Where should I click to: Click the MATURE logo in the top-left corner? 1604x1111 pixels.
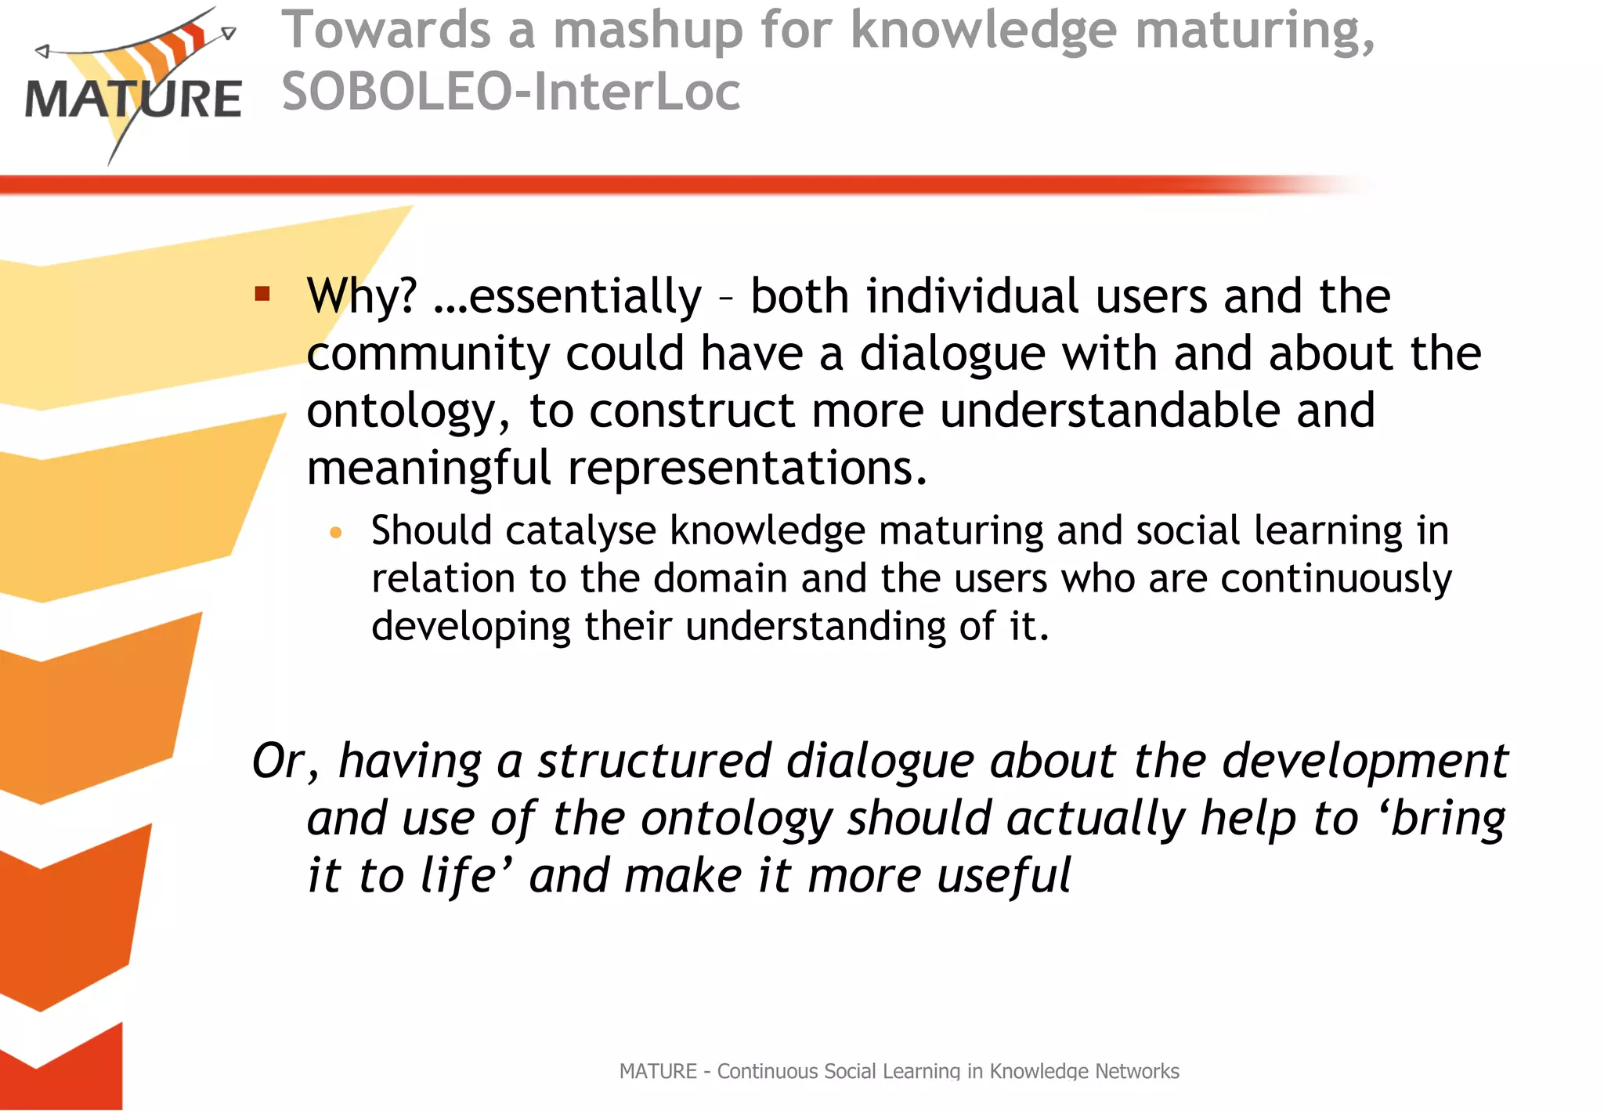133,86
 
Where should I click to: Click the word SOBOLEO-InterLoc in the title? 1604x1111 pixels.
511,92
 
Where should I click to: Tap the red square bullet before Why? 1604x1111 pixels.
262,295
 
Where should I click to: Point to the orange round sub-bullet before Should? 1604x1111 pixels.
336,534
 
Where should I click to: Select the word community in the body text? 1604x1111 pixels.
428,354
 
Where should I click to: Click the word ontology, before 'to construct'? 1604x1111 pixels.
408,412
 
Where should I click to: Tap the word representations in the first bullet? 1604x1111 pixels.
747,469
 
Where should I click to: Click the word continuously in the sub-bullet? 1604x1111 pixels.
1336,580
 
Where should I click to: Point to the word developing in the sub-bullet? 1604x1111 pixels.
471,628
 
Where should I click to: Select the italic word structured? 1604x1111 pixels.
654,761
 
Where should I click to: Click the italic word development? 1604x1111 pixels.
1365,761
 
